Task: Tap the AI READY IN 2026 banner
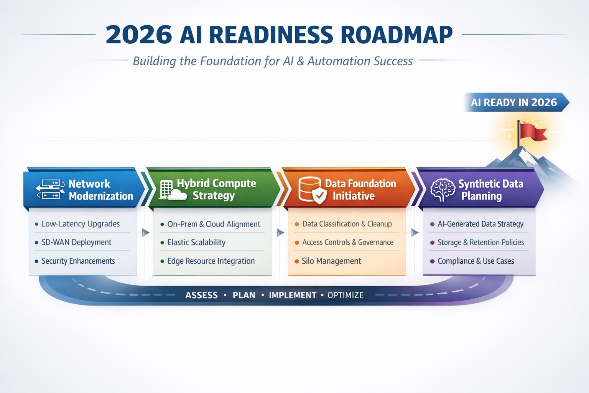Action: tap(514, 102)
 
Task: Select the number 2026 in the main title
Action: tap(139, 35)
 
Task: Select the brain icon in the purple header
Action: tap(443, 190)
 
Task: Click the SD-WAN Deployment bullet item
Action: tap(76, 243)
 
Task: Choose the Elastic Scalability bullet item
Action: tap(196, 243)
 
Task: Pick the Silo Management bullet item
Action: tap(331, 261)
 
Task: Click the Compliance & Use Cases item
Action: tap(475, 261)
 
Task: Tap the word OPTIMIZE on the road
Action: tap(346, 296)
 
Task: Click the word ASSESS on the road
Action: tap(202, 296)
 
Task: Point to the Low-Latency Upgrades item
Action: tap(81, 224)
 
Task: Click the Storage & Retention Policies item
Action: tap(480, 243)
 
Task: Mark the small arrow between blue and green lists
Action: tap(145, 233)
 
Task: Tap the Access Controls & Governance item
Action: tap(347, 243)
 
